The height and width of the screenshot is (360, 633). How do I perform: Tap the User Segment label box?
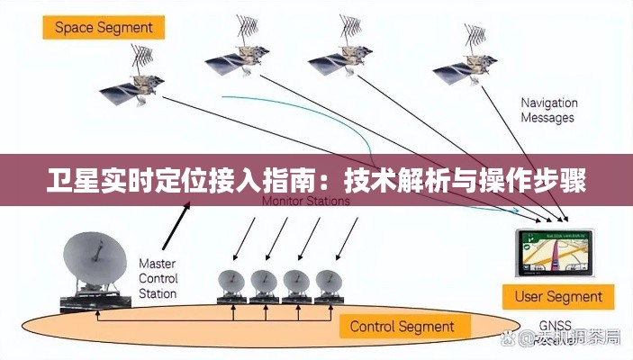click(x=558, y=296)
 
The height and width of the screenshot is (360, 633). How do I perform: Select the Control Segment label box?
click(x=401, y=325)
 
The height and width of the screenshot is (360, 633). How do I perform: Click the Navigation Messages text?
click(x=547, y=110)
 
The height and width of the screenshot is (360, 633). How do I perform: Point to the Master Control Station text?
click(x=158, y=278)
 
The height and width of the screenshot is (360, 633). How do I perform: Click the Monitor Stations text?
click(x=305, y=202)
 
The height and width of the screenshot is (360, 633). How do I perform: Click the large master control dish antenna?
click(x=95, y=261)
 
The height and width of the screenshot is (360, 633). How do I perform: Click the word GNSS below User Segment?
click(x=556, y=326)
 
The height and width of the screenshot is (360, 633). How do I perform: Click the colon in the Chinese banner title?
click(x=336, y=183)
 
